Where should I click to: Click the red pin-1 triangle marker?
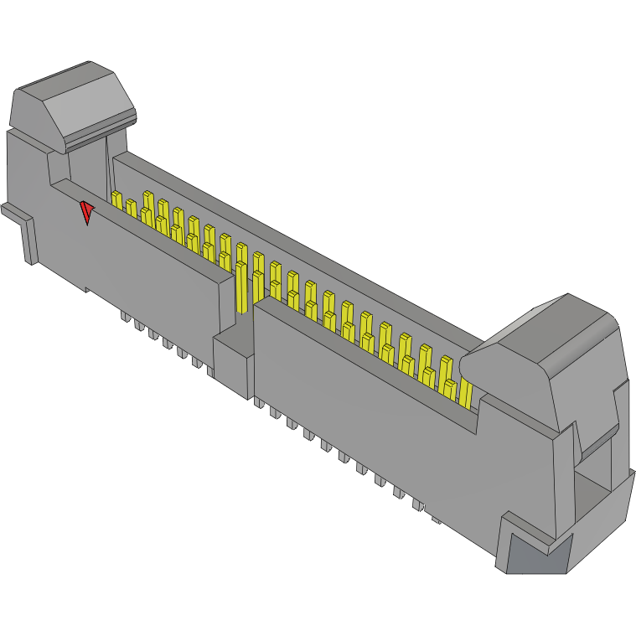pyautogui.click(x=86, y=213)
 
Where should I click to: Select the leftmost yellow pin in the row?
pyautogui.click(x=116, y=201)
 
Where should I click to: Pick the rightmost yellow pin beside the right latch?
pyautogui.click(x=466, y=394)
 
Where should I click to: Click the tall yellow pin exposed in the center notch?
pyautogui.click(x=242, y=285)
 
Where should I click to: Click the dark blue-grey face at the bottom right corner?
pyautogui.click(x=536, y=556)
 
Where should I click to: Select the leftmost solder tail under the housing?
pyautogui.click(x=125, y=318)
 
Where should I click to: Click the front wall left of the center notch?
pyautogui.click(x=151, y=268)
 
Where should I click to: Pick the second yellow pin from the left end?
pyautogui.click(x=132, y=209)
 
